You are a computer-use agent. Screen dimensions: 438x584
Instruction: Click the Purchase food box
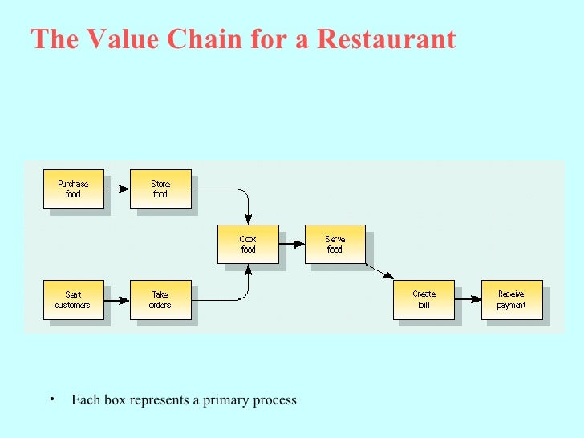pyautogui.click(x=73, y=189)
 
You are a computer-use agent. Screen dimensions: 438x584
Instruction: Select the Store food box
pyautogui.click(x=160, y=189)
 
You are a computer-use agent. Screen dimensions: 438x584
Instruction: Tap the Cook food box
pyautogui.click(x=248, y=244)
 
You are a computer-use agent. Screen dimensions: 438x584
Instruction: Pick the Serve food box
pyautogui.click(x=335, y=244)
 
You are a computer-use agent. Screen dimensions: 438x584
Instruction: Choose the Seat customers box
pyautogui.click(x=73, y=300)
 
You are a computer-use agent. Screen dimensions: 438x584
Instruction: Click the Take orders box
pyautogui.click(x=160, y=300)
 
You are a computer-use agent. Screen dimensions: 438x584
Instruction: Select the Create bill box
pyautogui.click(x=424, y=300)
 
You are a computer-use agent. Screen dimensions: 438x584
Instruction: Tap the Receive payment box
pyautogui.click(x=511, y=300)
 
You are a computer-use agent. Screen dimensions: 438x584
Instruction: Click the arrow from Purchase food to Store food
pyautogui.click(x=117, y=189)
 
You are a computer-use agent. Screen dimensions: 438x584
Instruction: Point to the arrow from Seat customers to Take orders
pyautogui.click(x=117, y=301)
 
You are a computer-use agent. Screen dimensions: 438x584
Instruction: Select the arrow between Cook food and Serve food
pyautogui.click(x=292, y=245)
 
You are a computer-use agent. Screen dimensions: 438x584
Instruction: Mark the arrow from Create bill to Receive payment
pyautogui.click(x=468, y=300)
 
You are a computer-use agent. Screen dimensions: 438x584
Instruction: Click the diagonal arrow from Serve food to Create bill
pyautogui.click(x=379, y=270)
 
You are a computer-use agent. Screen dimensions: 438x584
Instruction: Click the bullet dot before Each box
pyautogui.click(x=50, y=399)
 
